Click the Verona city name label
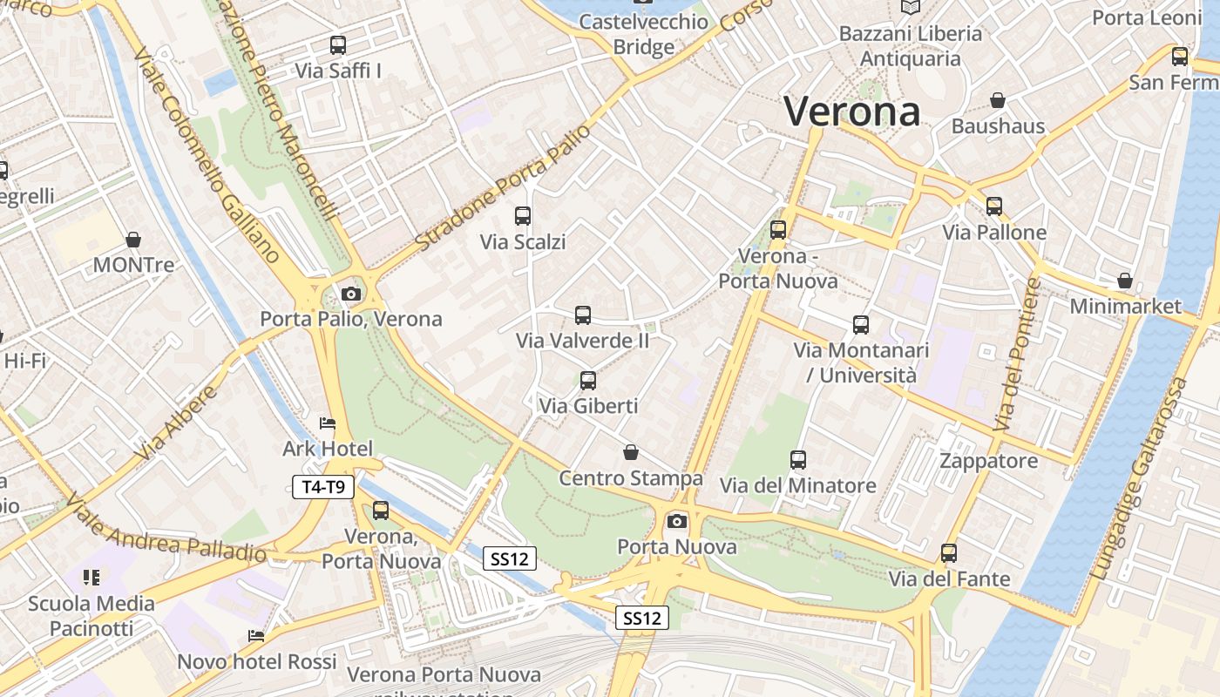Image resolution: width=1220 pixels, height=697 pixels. [x=851, y=112]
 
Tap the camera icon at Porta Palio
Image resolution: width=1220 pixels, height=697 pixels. [x=351, y=294]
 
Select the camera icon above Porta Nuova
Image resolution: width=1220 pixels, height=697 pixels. [x=676, y=521]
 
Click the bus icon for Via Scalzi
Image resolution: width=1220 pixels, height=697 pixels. [x=523, y=216]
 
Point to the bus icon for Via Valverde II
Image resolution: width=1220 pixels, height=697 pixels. [x=583, y=315]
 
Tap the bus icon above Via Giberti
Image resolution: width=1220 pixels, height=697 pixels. [x=588, y=380]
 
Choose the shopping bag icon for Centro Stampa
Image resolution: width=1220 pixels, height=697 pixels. [x=630, y=452]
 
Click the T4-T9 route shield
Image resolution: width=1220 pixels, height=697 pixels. [x=323, y=487]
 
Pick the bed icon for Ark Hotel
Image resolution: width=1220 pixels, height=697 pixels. [x=328, y=423]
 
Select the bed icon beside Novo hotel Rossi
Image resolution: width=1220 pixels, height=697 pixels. [x=256, y=636]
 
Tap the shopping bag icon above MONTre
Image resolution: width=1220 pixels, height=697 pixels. [x=133, y=239]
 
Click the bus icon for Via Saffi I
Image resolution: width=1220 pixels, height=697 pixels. [x=338, y=45]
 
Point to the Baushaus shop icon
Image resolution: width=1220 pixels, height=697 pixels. [x=998, y=101]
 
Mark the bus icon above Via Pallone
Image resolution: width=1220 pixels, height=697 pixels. [x=994, y=206]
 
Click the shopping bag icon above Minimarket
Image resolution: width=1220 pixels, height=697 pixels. [x=1125, y=281]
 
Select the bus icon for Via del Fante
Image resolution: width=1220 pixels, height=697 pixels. [x=949, y=552]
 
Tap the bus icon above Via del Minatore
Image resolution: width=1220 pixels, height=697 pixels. [x=798, y=460]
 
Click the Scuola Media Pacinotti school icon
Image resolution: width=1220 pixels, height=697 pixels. [x=91, y=577]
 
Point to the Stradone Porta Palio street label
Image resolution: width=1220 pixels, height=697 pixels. [x=503, y=187]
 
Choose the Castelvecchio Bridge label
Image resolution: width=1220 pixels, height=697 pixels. [x=643, y=34]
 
